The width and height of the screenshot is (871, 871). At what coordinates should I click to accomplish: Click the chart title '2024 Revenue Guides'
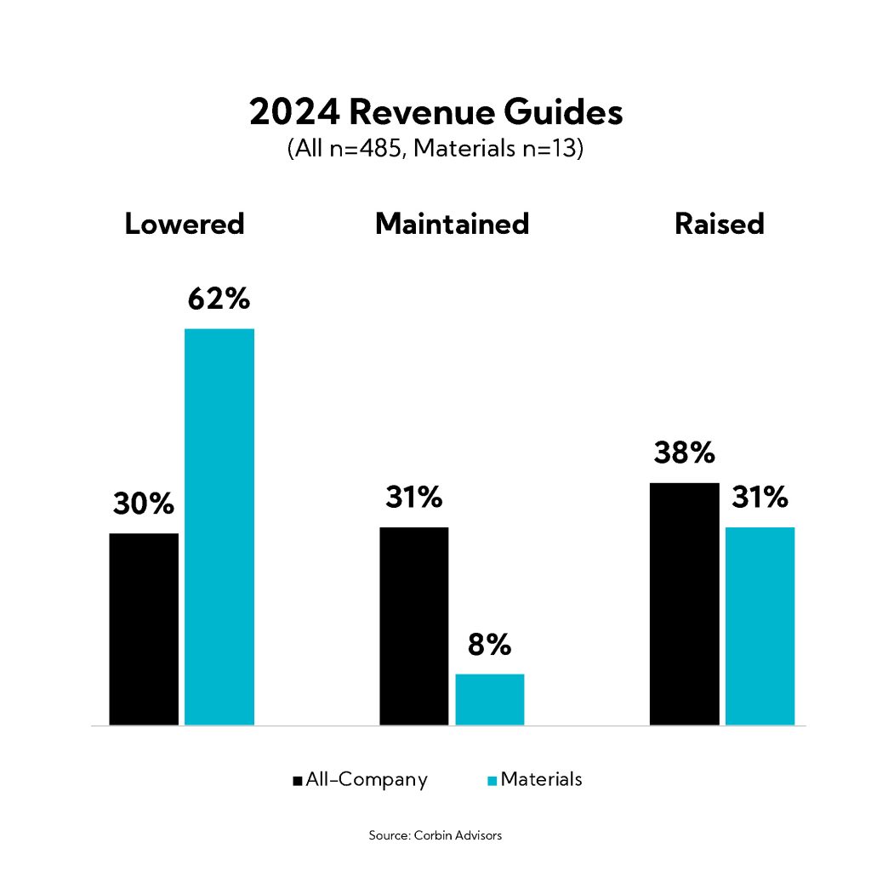click(435, 113)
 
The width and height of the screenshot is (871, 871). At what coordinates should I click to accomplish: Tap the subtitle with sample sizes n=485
click(435, 150)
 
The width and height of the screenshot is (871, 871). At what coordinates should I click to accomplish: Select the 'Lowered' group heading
click(185, 224)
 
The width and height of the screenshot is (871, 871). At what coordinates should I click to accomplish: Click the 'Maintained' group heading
click(452, 224)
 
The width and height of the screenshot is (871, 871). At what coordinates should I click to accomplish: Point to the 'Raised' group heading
click(720, 224)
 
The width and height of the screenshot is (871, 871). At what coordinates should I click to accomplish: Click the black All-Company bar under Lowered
click(144, 629)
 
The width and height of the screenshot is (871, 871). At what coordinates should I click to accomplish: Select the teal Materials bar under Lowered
click(219, 527)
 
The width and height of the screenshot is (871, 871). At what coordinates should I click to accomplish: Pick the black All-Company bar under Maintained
click(413, 626)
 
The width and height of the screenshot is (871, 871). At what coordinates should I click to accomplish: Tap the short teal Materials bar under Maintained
click(490, 699)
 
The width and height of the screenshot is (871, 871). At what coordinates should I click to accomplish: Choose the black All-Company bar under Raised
click(684, 604)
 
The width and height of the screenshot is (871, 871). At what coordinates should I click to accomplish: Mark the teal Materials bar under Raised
click(760, 626)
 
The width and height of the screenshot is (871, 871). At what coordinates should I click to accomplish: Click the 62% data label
click(219, 299)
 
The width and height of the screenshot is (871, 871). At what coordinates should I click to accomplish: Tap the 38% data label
click(684, 453)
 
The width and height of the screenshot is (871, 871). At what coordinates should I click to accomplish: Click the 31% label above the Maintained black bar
click(413, 497)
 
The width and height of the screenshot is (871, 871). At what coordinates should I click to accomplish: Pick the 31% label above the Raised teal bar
click(760, 497)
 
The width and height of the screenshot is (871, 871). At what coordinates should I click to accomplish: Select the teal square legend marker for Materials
click(493, 780)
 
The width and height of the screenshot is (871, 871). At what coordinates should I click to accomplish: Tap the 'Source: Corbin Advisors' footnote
click(435, 835)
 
